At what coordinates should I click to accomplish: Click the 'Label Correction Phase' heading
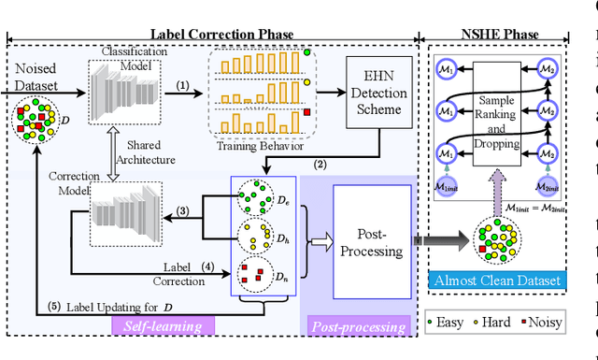(x=216, y=35)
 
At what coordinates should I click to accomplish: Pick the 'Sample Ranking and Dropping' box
(x=505, y=116)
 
